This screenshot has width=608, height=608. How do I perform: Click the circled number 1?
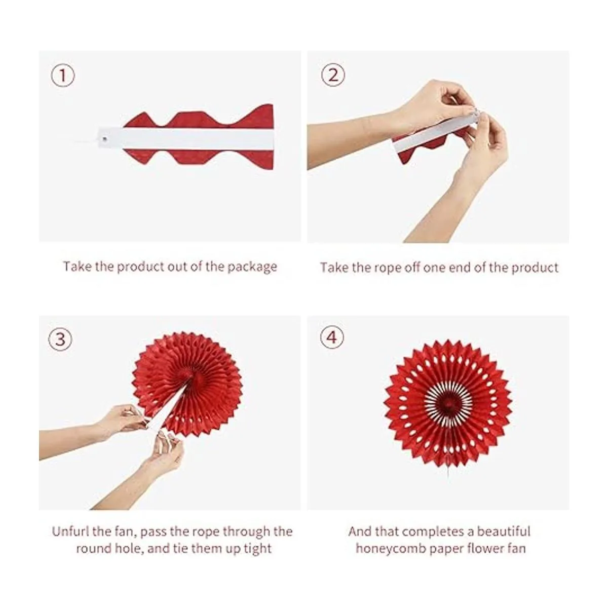(63, 75)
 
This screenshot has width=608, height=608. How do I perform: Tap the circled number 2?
(333, 75)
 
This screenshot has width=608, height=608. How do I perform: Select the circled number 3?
(60, 339)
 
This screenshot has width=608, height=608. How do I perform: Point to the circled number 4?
(332, 337)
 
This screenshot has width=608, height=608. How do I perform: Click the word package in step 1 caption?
(252, 267)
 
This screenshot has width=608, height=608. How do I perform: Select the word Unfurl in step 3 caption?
(70, 531)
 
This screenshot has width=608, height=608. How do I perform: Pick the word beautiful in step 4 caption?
(504, 531)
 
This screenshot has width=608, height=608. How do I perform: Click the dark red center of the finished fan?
(448, 402)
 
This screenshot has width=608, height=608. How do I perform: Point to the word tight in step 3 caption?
(258, 549)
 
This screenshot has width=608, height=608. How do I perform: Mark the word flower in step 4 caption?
(486, 548)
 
